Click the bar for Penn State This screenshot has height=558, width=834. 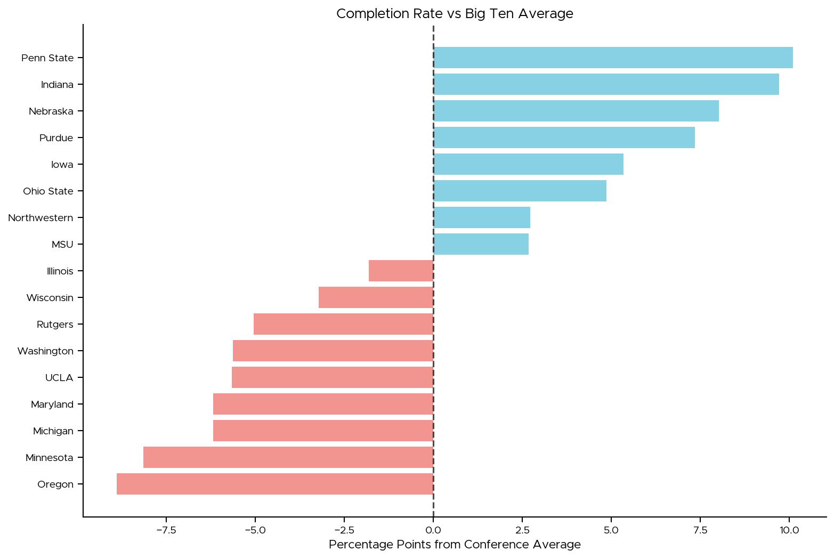coord(613,58)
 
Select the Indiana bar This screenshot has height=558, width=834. coord(606,84)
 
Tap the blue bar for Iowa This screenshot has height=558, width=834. coord(528,164)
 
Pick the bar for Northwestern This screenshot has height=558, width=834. coord(482,217)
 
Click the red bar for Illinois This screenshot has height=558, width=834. coord(401,271)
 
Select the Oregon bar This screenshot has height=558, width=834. coord(275,484)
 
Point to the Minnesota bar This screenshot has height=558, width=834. coord(288,457)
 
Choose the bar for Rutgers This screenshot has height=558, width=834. coord(343,324)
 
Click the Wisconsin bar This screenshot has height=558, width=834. coord(376,297)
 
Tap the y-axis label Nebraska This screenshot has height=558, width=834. coord(51,111)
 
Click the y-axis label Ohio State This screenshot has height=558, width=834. coord(48,191)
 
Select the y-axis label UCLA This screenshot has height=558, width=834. coord(59,378)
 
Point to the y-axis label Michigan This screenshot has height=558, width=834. coord(53,431)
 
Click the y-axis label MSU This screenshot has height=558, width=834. coord(62,245)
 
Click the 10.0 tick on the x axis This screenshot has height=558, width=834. coord(789,530)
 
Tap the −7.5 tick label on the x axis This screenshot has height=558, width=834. coord(166,530)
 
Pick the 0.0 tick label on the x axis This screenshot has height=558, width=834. coord(433,530)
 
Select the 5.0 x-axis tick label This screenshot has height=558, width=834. coord(611,530)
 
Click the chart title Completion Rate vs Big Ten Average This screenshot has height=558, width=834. coord(455,14)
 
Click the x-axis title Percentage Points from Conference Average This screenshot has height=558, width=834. coord(455,545)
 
